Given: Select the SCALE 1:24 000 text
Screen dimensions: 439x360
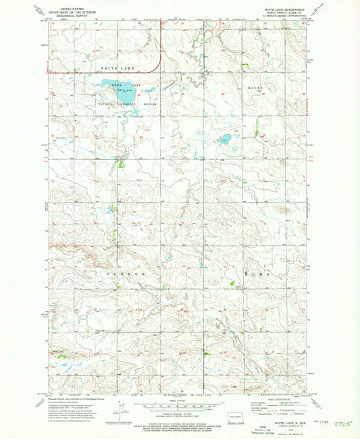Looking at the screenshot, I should (x=180, y=400).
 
